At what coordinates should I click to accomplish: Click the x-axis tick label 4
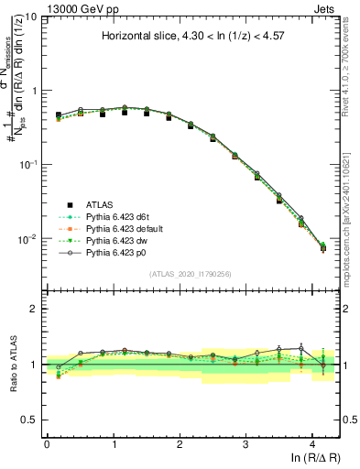point(312,443)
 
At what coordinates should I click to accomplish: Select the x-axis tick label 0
point(47,443)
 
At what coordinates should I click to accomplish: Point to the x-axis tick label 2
point(180,443)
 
